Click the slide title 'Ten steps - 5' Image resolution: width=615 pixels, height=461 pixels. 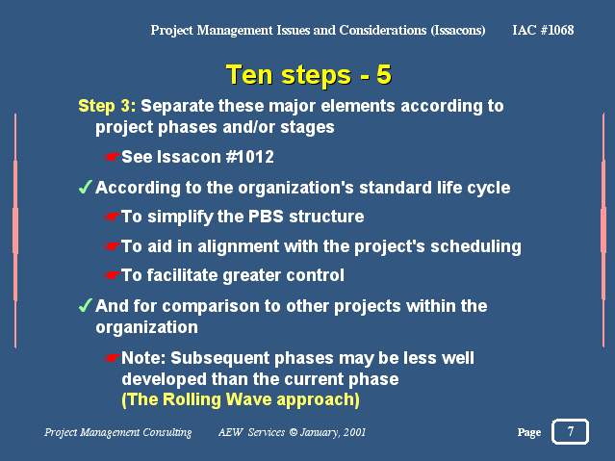pyautogui.click(x=309, y=74)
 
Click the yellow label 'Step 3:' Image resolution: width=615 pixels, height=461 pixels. pyautogui.click(x=107, y=106)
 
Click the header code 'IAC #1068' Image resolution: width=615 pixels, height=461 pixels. pyautogui.click(x=543, y=30)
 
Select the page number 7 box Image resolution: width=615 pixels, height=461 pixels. pyautogui.click(x=570, y=431)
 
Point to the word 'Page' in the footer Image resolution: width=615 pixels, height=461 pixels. pyautogui.click(x=529, y=432)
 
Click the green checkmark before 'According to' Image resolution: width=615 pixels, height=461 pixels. pyautogui.click(x=86, y=187)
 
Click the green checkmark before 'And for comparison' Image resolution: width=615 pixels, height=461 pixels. pyautogui.click(x=86, y=305)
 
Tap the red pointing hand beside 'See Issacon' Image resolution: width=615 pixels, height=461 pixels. pyautogui.click(x=113, y=157)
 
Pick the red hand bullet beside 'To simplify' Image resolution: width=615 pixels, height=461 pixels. pyautogui.click(x=113, y=217)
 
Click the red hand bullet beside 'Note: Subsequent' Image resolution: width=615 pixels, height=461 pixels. pyautogui.click(x=113, y=358)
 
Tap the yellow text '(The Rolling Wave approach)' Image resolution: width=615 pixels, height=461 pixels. pyautogui.click(x=241, y=399)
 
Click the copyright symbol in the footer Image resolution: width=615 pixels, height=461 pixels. pyautogui.click(x=293, y=432)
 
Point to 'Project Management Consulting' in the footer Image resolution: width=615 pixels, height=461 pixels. pyautogui.click(x=118, y=432)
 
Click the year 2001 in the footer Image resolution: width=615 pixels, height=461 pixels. pyautogui.click(x=354, y=432)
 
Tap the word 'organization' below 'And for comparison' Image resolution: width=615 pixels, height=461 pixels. pyautogui.click(x=146, y=327)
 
